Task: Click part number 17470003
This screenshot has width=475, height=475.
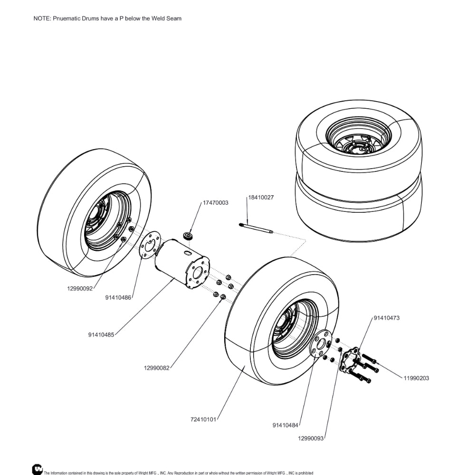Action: (x=216, y=203)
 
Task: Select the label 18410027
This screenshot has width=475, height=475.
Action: (x=261, y=197)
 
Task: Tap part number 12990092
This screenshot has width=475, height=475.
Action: (x=79, y=288)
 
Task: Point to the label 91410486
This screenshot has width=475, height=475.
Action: (x=118, y=298)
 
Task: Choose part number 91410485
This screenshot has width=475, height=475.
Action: (x=101, y=334)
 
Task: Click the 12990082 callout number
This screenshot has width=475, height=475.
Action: (x=157, y=368)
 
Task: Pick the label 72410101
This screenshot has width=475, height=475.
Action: (x=203, y=419)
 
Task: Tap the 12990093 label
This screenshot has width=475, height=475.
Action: (x=311, y=438)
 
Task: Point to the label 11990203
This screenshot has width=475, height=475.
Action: (x=417, y=378)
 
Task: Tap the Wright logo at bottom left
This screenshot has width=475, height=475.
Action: (x=37, y=469)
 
